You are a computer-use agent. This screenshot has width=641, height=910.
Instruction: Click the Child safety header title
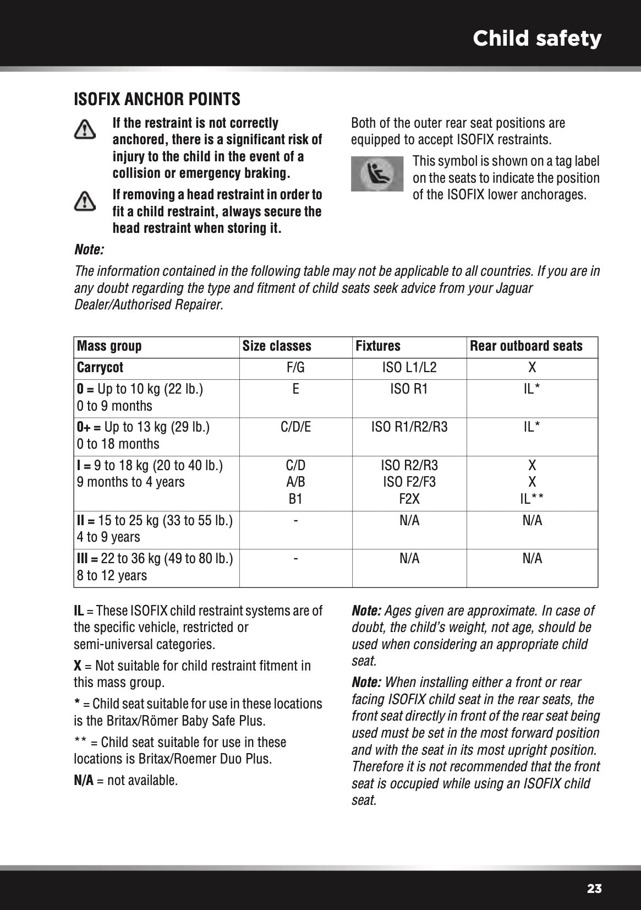coord(536,39)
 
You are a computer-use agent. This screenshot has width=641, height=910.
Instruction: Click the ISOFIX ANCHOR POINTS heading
coord(157,100)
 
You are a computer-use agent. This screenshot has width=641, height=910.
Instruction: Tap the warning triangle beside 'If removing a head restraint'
coord(85,201)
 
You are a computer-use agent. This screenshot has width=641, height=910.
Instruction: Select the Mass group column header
coord(109,346)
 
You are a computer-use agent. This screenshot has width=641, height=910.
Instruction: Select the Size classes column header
coord(277,346)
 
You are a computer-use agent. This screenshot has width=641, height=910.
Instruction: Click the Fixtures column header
coord(378,346)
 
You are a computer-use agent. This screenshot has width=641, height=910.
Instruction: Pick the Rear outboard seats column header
coord(526,346)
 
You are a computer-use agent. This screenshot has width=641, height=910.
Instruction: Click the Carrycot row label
coord(100,368)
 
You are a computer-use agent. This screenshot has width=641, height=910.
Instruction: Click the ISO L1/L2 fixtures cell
coord(409,368)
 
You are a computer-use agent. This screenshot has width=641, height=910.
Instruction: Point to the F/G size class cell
coord(296,368)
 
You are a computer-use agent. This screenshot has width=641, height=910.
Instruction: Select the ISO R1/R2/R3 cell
coord(409,427)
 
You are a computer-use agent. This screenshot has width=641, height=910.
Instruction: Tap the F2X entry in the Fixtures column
coord(409,499)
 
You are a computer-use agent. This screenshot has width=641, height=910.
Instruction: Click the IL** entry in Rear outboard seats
coord(532,499)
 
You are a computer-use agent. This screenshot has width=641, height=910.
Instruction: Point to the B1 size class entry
coord(296,499)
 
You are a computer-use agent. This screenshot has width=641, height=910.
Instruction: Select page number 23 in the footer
coord(594,889)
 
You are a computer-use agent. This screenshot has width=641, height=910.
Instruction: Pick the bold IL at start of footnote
coord(79,611)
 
